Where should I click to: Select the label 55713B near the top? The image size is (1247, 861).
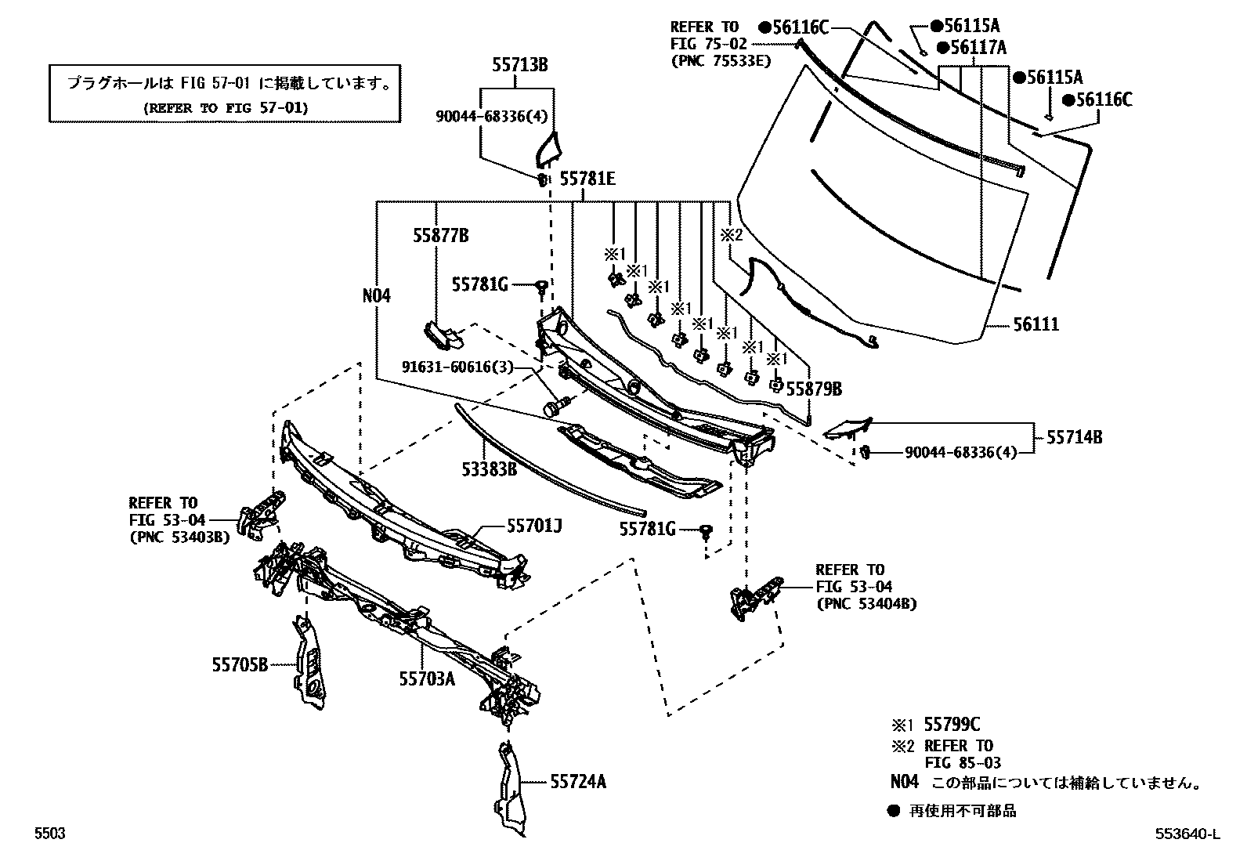[x=520, y=66]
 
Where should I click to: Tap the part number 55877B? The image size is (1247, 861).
[x=442, y=235]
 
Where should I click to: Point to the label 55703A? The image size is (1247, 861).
[x=426, y=679]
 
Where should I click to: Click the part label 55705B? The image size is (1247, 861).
[x=240, y=665]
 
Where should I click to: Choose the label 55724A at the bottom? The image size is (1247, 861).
[x=578, y=781]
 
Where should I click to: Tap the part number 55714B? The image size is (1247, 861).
[x=1075, y=437]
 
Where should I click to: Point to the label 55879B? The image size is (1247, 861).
[x=814, y=389]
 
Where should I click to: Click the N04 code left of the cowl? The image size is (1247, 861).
[x=377, y=296]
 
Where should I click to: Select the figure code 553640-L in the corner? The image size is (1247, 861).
[x=1186, y=834]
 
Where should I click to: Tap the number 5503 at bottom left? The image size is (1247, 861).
[x=49, y=834]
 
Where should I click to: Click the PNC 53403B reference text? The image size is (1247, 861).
[x=179, y=537]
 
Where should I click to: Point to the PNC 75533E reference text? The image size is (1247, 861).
[x=720, y=60]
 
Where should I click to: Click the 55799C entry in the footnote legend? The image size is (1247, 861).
[x=952, y=725]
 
